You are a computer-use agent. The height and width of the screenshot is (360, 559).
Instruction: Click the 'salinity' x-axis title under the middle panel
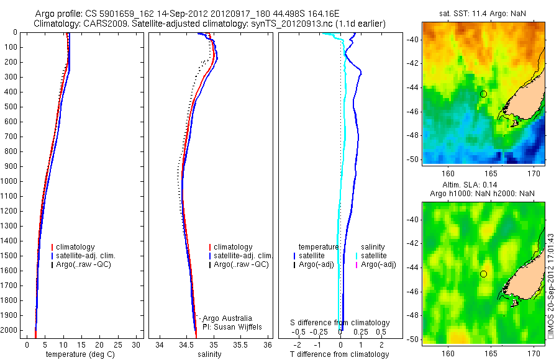pyautogui.click(x=209, y=354)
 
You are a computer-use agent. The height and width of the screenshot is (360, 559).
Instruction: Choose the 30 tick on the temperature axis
pyautogui.click(x=136, y=344)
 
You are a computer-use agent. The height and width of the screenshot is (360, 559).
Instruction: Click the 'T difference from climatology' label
pyautogui.click(x=339, y=354)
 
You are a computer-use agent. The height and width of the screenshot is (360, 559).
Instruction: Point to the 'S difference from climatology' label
pyautogui.click(x=340, y=323)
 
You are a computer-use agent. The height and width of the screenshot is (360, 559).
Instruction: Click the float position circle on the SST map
pyautogui.click(x=483, y=94)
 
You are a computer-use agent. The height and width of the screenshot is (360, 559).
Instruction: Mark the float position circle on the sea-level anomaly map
pyautogui.click(x=483, y=274)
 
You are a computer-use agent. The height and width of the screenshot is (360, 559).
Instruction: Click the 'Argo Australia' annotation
pyautogui.click(x=227, y=318)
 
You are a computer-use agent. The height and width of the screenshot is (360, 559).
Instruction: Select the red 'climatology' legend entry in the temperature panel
pyautogui.click(x=75, y=247)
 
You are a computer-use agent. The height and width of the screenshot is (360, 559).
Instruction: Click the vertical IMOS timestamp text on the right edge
pyautogui.click(x=552, y=285)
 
